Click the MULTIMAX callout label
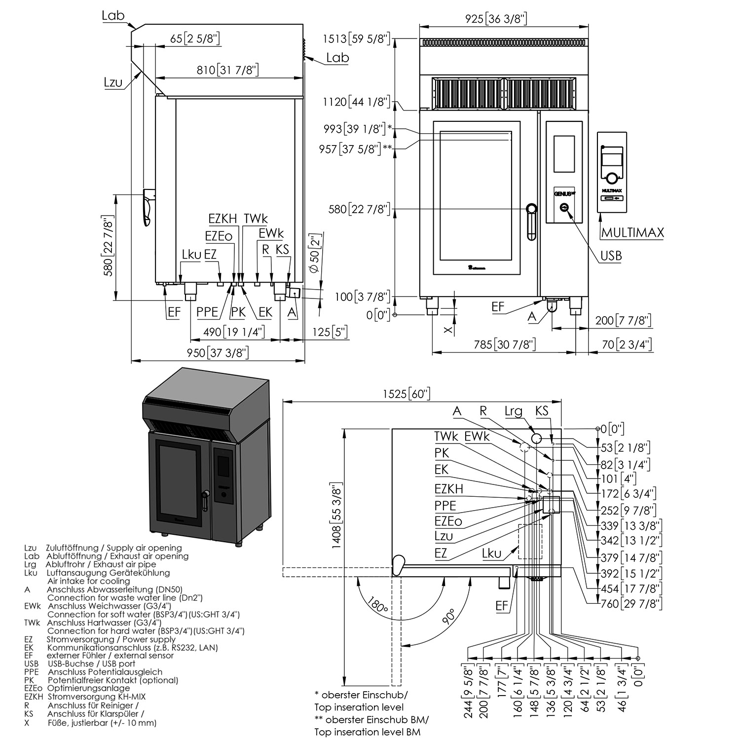[x=632, y=232]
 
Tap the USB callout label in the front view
[x=611, y=256]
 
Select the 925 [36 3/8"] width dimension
[x=496, y=19]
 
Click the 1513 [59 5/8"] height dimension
[x=356, y=38]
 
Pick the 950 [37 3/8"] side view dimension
[x=217, y=352]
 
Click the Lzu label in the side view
[x=113, y=82]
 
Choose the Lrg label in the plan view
[x=514, y=411]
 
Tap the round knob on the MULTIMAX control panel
[x=612, y=178]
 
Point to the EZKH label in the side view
[x=222, y=219]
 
